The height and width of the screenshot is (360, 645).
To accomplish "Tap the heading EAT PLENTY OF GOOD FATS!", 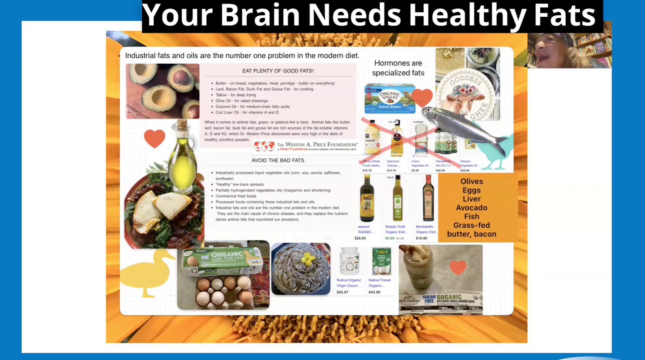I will click(278, 71).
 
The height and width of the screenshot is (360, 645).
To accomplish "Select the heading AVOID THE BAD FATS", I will click(278, 160).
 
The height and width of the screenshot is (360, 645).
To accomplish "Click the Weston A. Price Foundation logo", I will click(305, 146).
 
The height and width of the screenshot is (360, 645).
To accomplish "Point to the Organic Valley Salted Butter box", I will click(390, 99).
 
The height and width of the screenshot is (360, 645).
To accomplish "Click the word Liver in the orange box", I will click(471, 199).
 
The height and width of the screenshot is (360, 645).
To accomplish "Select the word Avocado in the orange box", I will click(471, 208).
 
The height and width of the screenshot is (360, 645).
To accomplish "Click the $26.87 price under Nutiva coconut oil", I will click(342, 292).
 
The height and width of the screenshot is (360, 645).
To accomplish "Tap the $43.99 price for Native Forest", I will click(374, 292).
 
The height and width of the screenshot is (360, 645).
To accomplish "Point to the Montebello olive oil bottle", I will click(428, 198).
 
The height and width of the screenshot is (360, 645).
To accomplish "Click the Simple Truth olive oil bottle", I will click(397, 198).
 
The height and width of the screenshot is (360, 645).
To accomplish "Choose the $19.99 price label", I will click(421, 238).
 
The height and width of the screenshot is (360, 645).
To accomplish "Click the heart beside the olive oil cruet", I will click(154, 138).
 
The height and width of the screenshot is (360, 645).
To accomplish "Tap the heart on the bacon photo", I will click(458, 267).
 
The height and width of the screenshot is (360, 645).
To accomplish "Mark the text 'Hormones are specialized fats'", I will click(398, 68).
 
